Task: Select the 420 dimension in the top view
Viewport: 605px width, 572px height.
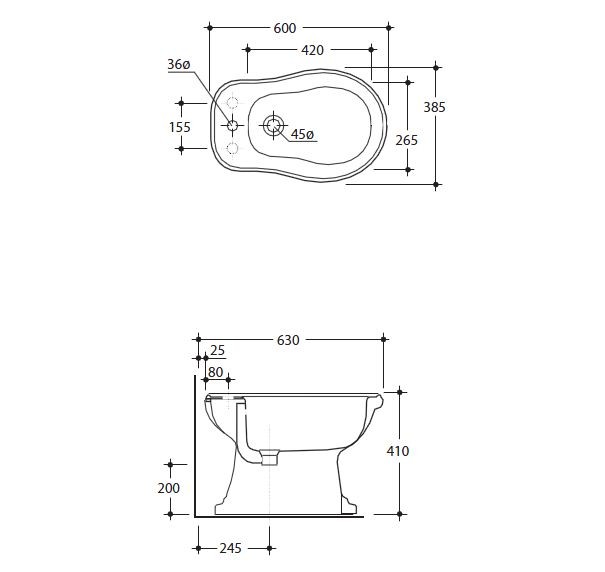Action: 311,48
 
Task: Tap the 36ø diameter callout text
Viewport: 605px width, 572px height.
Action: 179,65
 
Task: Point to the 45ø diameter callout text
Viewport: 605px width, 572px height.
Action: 302,135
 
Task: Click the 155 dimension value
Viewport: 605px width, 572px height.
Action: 180,126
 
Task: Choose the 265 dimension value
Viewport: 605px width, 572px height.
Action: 406,141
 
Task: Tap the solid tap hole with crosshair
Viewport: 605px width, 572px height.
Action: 232,126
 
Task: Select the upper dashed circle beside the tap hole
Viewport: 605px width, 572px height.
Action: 232,102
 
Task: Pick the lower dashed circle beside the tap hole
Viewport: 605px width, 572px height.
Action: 232,149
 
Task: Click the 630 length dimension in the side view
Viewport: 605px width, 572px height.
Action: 288,340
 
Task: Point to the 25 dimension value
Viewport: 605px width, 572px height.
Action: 218,350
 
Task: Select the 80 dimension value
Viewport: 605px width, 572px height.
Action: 216,372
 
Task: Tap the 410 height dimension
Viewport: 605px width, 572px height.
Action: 399,451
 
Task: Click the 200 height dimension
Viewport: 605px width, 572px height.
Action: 170,488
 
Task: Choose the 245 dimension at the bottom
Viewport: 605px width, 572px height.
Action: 233,548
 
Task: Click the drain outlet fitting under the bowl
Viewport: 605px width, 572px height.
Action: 268,457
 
